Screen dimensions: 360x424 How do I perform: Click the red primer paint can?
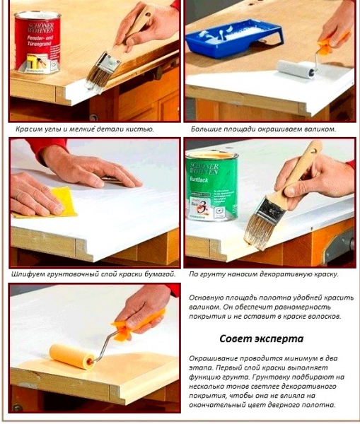coord(37,42)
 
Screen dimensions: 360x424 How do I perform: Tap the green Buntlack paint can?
coord(212,186)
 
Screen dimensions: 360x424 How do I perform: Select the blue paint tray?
coord(235,38)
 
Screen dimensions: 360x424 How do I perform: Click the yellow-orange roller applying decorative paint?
coord(72,356)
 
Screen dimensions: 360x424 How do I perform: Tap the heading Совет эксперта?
coord(261,338)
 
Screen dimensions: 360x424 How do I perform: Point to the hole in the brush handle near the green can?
coord(314,151)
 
